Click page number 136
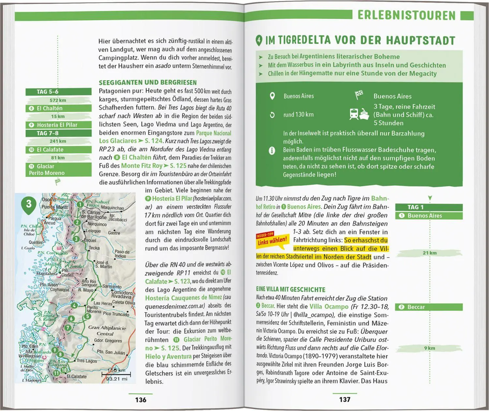tap(141, 400)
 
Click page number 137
tap(345, 399)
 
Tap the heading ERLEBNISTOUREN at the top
tap(406, 15)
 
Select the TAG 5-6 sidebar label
tap(48, 92)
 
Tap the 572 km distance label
tap(58, 100)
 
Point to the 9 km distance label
tap(429, 348)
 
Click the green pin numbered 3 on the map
tap(29, 204)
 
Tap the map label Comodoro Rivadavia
tap(122, 294)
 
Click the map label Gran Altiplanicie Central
tap(107, 331)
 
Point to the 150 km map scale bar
tap(116, 374)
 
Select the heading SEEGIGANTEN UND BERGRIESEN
tap(148, 83)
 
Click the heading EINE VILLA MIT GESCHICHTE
tap(290, 290)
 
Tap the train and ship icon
tap(359, 114)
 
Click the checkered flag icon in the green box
tap(359, 95)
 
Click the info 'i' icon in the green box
tap(272, 151)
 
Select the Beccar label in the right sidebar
tap(416, 307)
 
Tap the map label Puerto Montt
tap(54, 207)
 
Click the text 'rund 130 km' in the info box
tap(298, 114)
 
